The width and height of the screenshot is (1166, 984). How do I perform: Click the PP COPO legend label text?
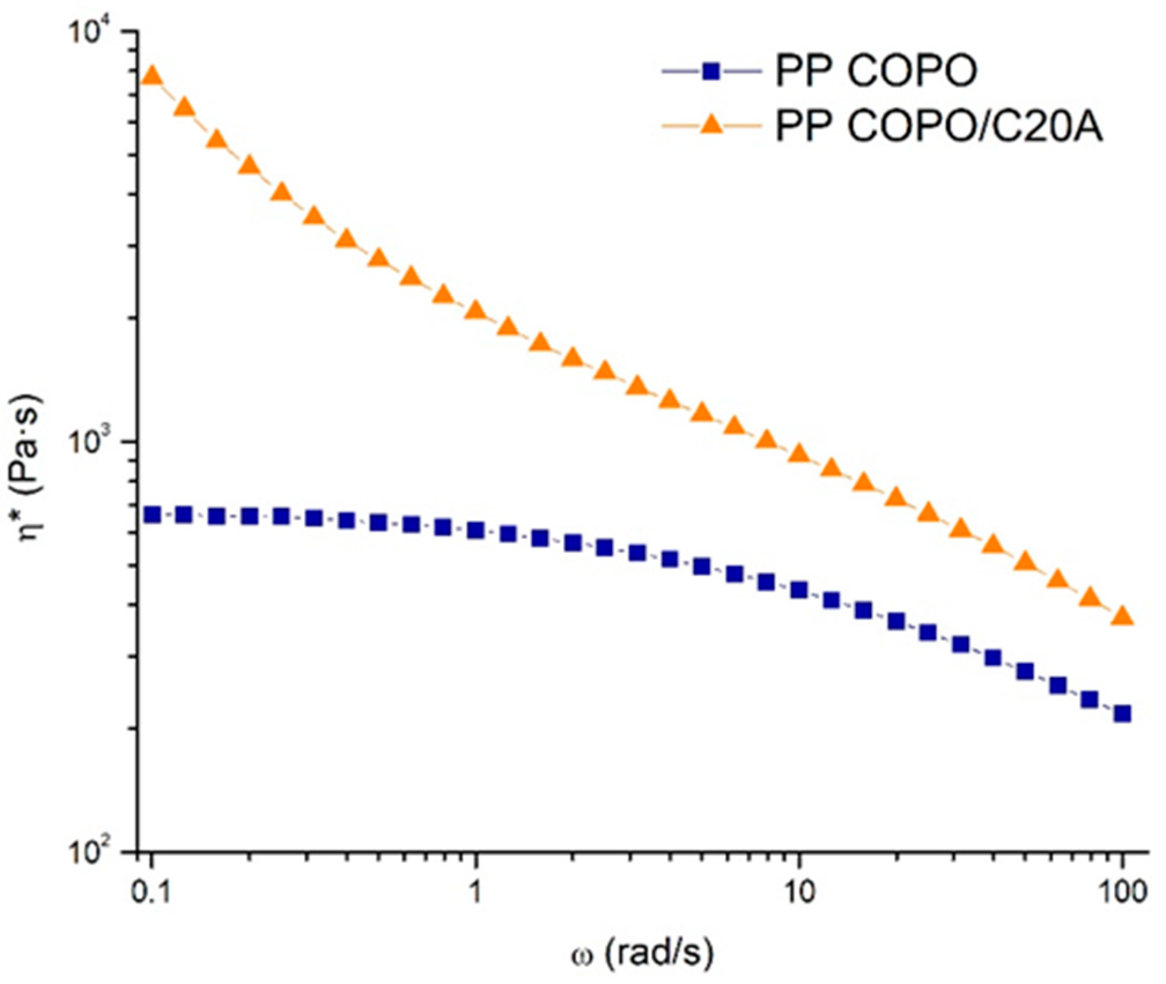876,72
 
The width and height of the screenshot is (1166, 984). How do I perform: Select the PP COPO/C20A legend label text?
939,127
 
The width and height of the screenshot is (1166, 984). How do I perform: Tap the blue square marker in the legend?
712,72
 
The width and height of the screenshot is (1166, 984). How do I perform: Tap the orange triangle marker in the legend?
712,125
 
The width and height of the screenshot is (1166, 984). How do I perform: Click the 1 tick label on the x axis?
475,893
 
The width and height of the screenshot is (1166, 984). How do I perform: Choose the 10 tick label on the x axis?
799,893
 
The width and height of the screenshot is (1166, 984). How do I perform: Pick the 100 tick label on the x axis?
1122,893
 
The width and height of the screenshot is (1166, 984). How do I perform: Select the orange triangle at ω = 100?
1123,616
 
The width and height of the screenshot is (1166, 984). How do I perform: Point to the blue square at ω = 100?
1123,714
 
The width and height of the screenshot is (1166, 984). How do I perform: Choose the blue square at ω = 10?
799,590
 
